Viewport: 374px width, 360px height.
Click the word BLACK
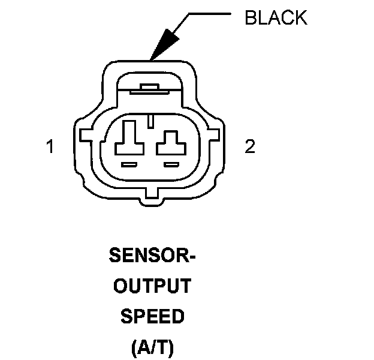(276, 18)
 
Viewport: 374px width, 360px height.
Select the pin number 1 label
(50, 147)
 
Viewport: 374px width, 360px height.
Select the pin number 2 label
(250, 147)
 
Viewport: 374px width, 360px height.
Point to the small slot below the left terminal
(129, 164)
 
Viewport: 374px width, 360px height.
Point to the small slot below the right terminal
(172, 164)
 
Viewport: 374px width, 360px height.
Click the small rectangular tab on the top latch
(150, 88)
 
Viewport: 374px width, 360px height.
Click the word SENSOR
(144, 257)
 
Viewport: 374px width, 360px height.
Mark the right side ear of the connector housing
(222, 144)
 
